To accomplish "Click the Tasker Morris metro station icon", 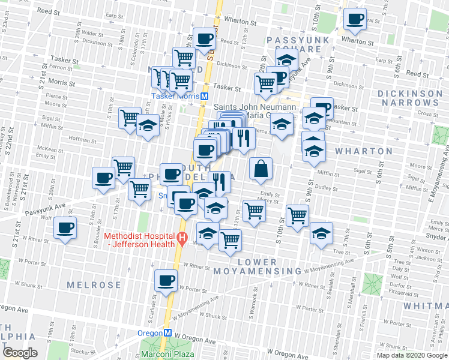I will coord(205,96).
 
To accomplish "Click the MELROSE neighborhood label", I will coord(94,285).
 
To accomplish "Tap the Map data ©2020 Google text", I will coord(412,355).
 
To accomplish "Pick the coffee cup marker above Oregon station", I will coord(166,280).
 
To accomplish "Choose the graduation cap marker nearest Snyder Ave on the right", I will coord(321,232).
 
